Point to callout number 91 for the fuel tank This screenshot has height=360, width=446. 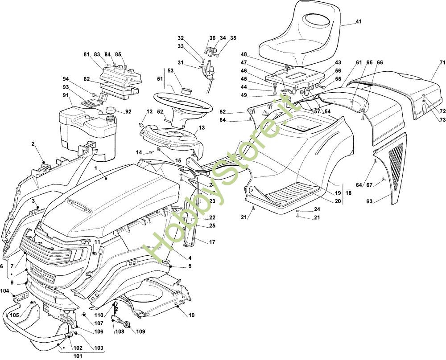66,95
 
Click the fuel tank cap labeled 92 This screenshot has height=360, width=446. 110,110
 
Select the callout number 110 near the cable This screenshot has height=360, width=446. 99,315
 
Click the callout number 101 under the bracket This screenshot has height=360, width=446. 78,356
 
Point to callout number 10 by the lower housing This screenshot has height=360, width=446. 192,315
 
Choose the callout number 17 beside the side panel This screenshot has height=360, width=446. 212,242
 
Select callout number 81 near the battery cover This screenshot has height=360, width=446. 86,54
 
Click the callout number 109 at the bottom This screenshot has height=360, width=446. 140,331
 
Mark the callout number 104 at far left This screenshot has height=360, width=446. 4,290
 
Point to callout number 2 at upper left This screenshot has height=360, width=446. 33,143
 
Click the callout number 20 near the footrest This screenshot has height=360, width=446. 338,201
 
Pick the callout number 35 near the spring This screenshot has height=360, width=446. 233,38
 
